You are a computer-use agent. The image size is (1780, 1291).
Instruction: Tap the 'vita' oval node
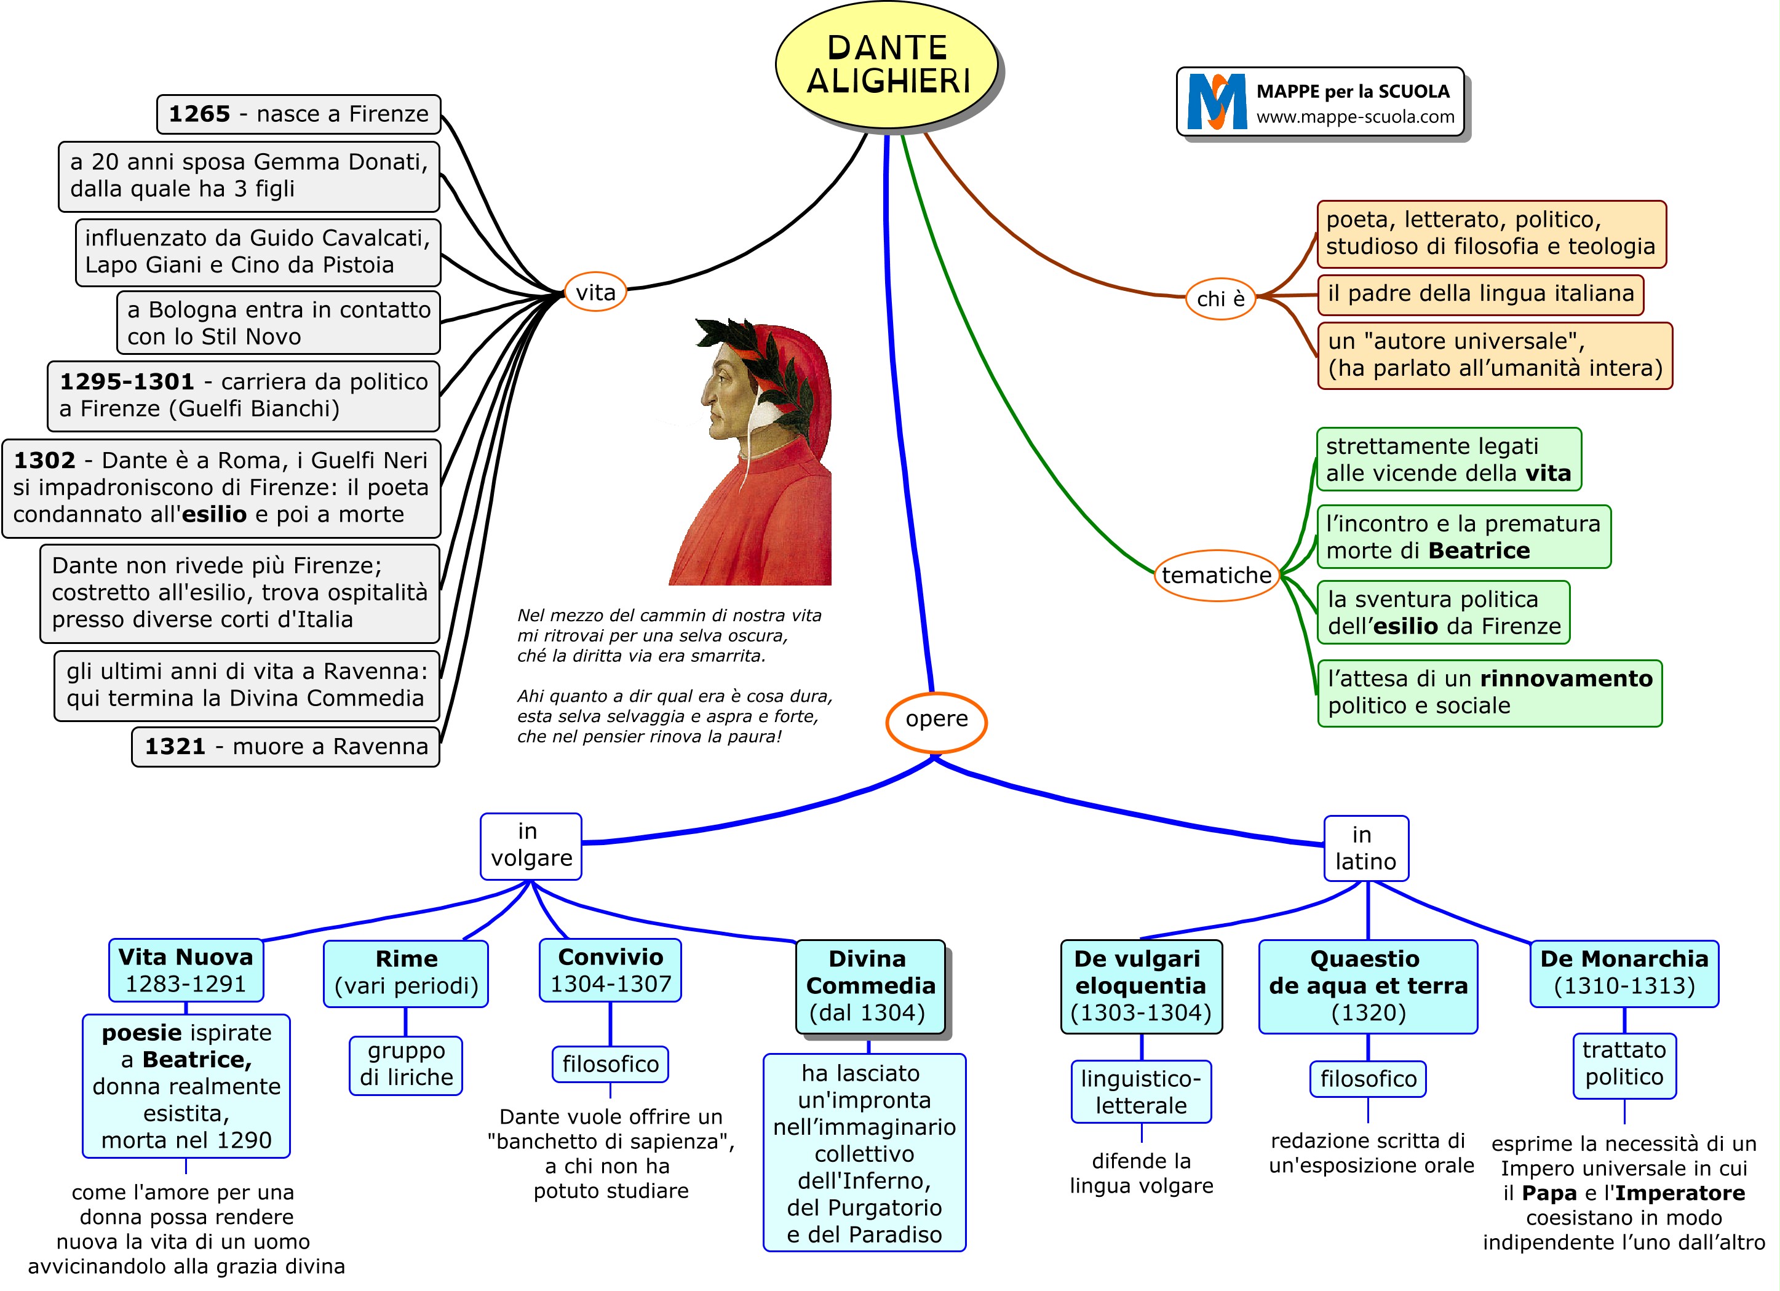coord(595,292)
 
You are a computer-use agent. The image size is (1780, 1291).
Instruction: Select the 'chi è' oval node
coord(1220,298)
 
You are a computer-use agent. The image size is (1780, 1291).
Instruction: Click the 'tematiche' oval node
coord(1216,575)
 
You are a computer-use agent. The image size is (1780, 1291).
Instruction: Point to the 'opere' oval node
coord(936,720)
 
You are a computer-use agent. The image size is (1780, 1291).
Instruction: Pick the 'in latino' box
coord(1365,848)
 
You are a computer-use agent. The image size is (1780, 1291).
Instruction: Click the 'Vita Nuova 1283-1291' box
coord(186,970)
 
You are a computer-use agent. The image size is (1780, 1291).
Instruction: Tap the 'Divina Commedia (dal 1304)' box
coord(870,986)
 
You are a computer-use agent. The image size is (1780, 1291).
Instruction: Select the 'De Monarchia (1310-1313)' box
coord(1624,972)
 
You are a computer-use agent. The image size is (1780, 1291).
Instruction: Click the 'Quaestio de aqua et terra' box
coord(1368,986)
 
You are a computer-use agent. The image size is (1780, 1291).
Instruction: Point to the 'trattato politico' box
coord(1624,1064)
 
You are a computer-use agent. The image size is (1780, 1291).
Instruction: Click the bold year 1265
coord(199,114)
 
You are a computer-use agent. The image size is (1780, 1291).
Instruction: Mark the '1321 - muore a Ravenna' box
coord(285,746)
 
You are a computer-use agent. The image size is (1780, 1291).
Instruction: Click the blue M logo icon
coord(1216,102)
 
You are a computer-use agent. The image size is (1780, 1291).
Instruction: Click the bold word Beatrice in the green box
coord(1479,551)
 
